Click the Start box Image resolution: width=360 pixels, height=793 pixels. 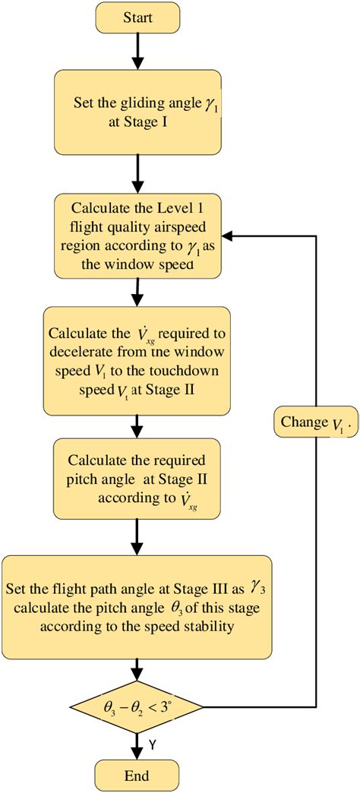(x=137, y=16)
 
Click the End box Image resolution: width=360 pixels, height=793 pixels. (x=137, y=776)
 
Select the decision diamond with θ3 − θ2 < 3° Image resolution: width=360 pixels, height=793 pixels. (x=137, y=706)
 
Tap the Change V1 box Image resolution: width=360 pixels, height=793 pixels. (x=315, y=422)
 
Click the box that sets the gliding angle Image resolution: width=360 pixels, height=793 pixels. (x=137, y=112)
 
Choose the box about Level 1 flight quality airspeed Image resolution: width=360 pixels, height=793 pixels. (x=137, y=235)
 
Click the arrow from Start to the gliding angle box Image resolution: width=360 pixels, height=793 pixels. (x=137, y=50)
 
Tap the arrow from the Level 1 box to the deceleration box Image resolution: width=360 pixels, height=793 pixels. (x=137, y=291)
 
